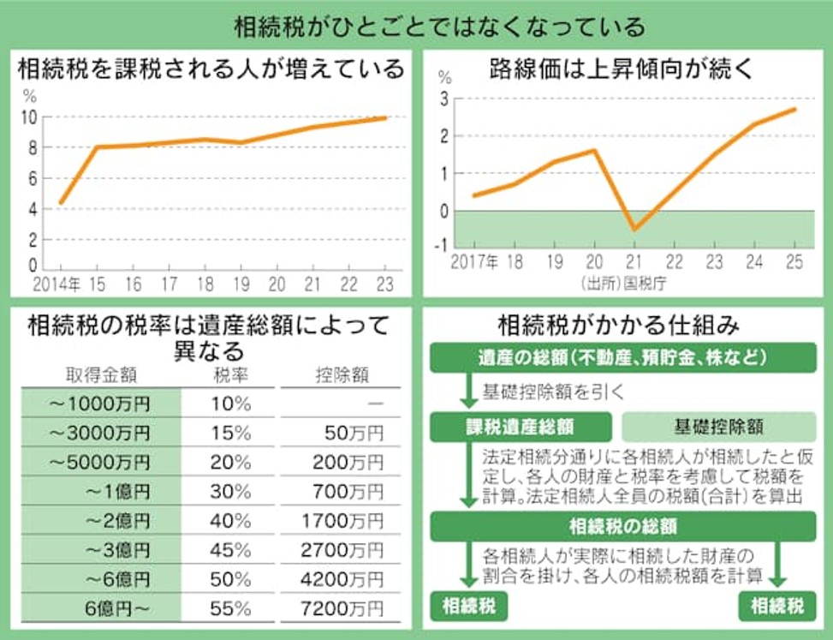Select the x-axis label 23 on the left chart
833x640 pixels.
click(x=384, y=284)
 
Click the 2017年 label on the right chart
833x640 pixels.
click(x=474, y=262)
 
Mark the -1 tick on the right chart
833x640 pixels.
click(x=443, y=244)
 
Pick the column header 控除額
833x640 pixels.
click(x=342, y=374)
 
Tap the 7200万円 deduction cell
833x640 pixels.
click(x=342, y=608)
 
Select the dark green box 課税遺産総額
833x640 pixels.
click(x=520, y=426)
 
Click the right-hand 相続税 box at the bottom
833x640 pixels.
click(x=776, y=607)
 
